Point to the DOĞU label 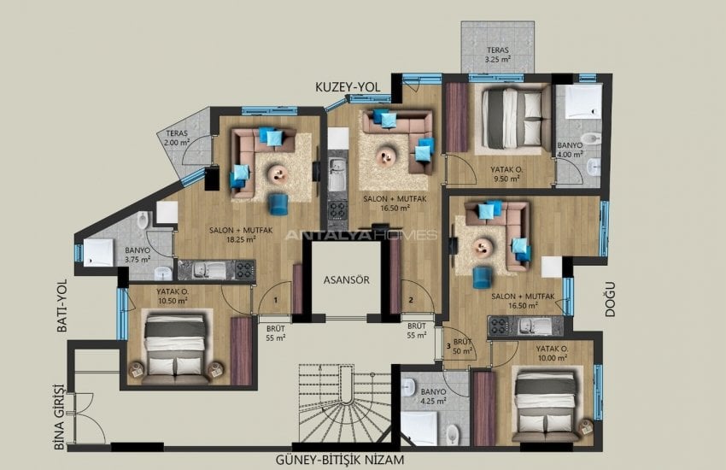[x=610, y=300]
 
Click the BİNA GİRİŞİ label [x=59, y=416]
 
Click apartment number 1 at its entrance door [x=275, y=299]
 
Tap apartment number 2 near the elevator [x=411, y=299]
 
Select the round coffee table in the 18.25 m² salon [x=278, y=173]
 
